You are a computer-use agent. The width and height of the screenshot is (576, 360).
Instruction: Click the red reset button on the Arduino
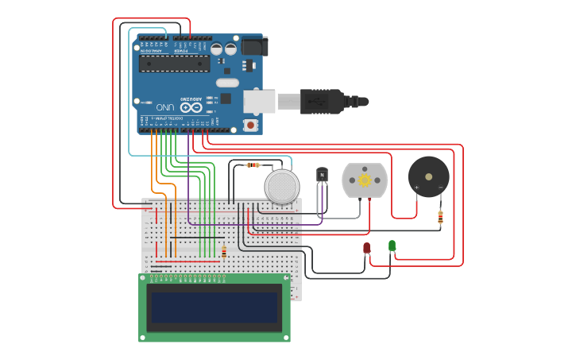pos(251,125)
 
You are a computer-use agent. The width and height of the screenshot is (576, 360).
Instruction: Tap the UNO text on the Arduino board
pos(164,106)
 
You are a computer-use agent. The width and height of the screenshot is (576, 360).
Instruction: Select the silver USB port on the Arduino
pos(259,101)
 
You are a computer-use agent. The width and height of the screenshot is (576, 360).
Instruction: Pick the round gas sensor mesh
pos(282,187)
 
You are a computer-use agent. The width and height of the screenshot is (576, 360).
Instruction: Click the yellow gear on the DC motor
pos(365,180)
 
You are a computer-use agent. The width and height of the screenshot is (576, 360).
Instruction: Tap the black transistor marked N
pos(323,175)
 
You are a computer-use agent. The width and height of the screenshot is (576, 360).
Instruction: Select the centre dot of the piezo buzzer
pos(428,176)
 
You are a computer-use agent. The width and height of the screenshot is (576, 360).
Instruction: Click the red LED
pos(366,248)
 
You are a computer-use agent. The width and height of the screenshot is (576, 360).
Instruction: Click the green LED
pos(392,246)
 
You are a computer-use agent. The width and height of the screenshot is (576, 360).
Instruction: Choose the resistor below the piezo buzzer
pos(441,215)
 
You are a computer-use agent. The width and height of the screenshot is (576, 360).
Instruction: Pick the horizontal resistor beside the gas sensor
pos(253,165)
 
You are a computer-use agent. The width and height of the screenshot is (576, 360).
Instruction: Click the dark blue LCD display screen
pos(215,308)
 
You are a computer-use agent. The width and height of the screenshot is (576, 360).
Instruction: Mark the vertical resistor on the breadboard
pos(224,252)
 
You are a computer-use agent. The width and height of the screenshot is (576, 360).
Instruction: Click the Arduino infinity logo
pos(191,106)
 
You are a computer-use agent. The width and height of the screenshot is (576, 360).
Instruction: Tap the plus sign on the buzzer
pos(417,188)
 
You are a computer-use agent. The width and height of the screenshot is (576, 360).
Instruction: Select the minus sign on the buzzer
pos(441,188)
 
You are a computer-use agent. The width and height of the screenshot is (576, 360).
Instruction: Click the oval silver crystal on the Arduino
pos(227,83)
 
